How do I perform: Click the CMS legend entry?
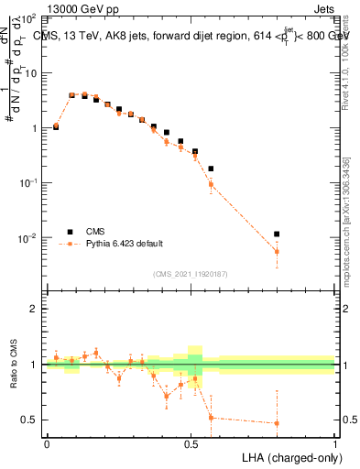95,232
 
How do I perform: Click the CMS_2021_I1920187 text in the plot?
191,273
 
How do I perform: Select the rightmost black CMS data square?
277,234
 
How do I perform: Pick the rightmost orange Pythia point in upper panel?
277,251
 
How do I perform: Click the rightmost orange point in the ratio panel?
277,423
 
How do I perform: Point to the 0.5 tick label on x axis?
191,442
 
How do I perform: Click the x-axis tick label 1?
334,442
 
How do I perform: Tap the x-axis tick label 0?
47,442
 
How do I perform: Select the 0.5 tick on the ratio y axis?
28,420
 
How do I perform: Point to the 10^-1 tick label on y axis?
27,183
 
